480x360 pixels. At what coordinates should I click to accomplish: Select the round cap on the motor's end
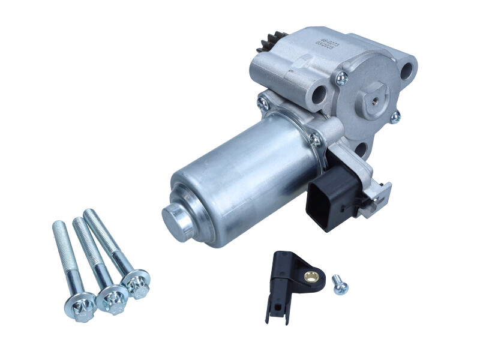tap(176, 214)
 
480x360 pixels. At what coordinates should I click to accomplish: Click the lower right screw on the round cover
tap(395, 118)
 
